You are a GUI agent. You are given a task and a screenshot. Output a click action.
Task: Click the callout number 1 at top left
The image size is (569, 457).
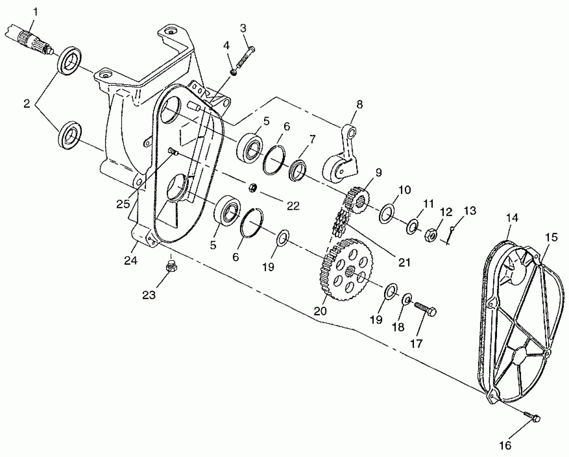[x=35, y=12]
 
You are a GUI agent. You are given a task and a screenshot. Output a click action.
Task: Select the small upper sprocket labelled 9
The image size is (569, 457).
[x=356, y=200]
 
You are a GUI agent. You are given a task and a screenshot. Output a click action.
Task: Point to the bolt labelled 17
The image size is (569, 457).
[x=426, y=309]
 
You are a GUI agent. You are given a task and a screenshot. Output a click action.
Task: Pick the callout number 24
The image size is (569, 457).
[x=131, y=260]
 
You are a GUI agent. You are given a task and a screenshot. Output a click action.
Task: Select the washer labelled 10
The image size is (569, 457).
[x=387, y=213]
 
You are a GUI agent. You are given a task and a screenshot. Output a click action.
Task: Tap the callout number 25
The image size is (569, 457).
[x=123, y=204]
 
